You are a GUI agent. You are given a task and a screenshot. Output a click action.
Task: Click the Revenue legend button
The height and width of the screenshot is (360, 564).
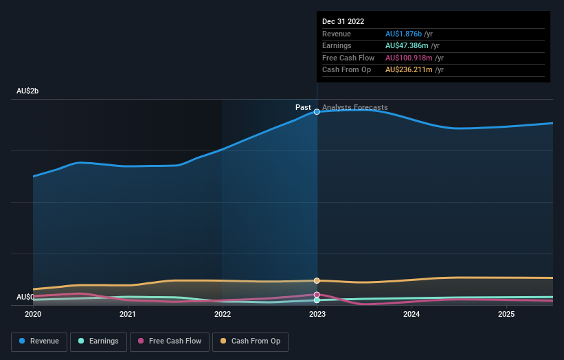click(39, 341)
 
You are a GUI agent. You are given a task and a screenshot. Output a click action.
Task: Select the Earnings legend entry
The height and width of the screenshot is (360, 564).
click(98, 341)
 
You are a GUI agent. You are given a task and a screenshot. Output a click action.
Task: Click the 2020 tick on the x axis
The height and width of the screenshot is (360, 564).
click(33, 314)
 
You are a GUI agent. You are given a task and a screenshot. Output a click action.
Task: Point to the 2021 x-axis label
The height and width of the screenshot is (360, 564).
click(127, 314)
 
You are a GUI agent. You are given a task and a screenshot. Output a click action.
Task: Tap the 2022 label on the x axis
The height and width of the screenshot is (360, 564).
click(223, 314)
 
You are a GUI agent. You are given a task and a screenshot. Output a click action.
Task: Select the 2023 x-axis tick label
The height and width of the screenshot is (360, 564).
click(317, 314)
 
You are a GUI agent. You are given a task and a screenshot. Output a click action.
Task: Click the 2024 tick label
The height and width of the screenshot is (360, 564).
click(411, 314)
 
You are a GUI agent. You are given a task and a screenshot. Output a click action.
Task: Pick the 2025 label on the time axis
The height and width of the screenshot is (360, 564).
click(506, 314)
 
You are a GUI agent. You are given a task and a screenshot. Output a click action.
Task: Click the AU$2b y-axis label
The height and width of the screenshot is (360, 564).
click(27, 91)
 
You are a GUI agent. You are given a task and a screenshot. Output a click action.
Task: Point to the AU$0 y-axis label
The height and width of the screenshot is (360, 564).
click(25, 297)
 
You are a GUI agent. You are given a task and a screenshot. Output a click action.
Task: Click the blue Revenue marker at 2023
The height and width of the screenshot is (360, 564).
click(317, 111)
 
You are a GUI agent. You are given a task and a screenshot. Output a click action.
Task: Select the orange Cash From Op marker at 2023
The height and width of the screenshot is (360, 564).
click(317, 280)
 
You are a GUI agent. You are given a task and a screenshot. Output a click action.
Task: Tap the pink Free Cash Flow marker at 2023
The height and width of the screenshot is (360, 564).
click(317, 294)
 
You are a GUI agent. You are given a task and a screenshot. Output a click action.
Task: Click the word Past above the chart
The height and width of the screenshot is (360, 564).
click(303, 107)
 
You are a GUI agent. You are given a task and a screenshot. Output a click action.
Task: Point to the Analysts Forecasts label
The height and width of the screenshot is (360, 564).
click(354, 107)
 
